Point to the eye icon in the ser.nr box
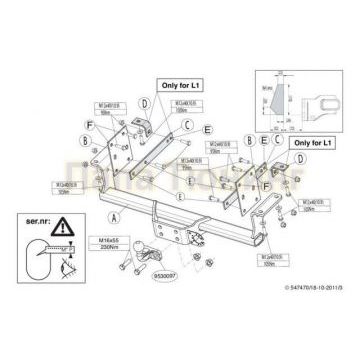pos(65,263)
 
